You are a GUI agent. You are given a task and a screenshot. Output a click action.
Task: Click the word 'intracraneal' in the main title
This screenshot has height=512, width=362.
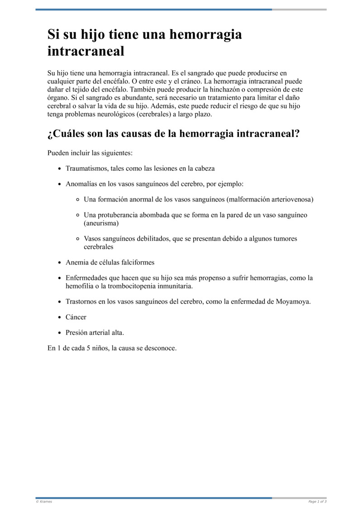(86, 51)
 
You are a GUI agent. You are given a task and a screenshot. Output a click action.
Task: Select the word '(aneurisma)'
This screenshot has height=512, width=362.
(101, 223)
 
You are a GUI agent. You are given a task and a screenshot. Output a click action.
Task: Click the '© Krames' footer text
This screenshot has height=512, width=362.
(44, 502)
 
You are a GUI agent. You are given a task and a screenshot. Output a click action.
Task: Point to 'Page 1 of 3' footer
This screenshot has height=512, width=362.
(317, 502)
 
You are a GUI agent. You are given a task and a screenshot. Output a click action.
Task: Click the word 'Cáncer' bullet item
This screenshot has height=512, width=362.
(76, 317)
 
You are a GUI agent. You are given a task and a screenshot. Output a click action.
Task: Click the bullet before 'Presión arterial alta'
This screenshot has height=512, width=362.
(60, 333)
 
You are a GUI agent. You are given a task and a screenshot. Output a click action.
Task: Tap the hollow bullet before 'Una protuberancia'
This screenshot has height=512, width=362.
(78, 215)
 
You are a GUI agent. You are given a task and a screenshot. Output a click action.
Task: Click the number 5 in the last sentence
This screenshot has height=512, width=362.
(89, 348)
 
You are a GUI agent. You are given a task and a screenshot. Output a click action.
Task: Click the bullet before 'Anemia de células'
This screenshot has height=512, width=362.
(60, 263)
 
